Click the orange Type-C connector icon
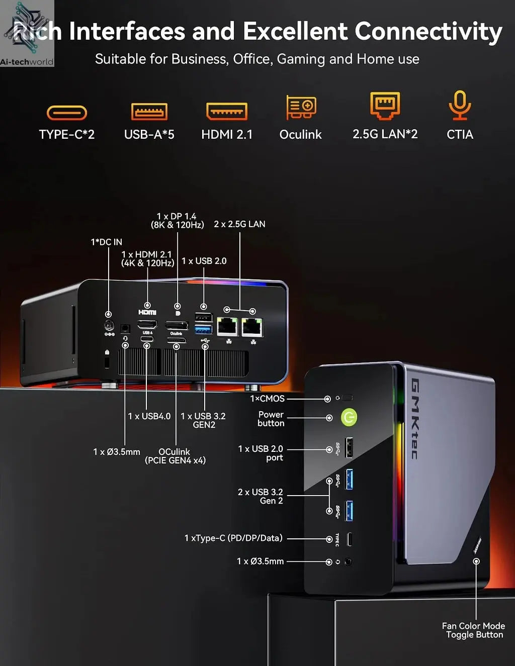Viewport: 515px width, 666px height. [67, 113]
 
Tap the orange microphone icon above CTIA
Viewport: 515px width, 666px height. [459, 105]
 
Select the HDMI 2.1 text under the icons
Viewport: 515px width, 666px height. [227, 134]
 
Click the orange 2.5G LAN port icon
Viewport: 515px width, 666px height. [385, 105]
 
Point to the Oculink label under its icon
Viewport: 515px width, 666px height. [300, 134]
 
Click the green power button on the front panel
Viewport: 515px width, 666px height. [349, 417]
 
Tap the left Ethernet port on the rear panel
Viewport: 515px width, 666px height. [227, 327]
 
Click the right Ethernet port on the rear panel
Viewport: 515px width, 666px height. [251, 327]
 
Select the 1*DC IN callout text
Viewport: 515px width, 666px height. [106, 242]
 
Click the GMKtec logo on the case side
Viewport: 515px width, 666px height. [415, 419]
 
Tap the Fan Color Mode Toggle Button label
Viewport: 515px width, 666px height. [473, 630]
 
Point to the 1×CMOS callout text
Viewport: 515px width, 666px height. [267, 399]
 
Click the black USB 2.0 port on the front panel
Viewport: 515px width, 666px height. [349, 447]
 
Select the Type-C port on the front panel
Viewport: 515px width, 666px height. [350, 539]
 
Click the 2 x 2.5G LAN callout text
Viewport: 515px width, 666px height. [239, 224]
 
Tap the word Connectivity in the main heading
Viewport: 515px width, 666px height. [428, 31]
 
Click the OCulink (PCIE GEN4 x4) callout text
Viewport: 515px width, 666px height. [175, 456]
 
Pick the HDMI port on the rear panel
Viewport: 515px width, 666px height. [147, 324]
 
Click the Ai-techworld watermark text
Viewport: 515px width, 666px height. [27, 62]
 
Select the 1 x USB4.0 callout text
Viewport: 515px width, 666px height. [149, 416]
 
